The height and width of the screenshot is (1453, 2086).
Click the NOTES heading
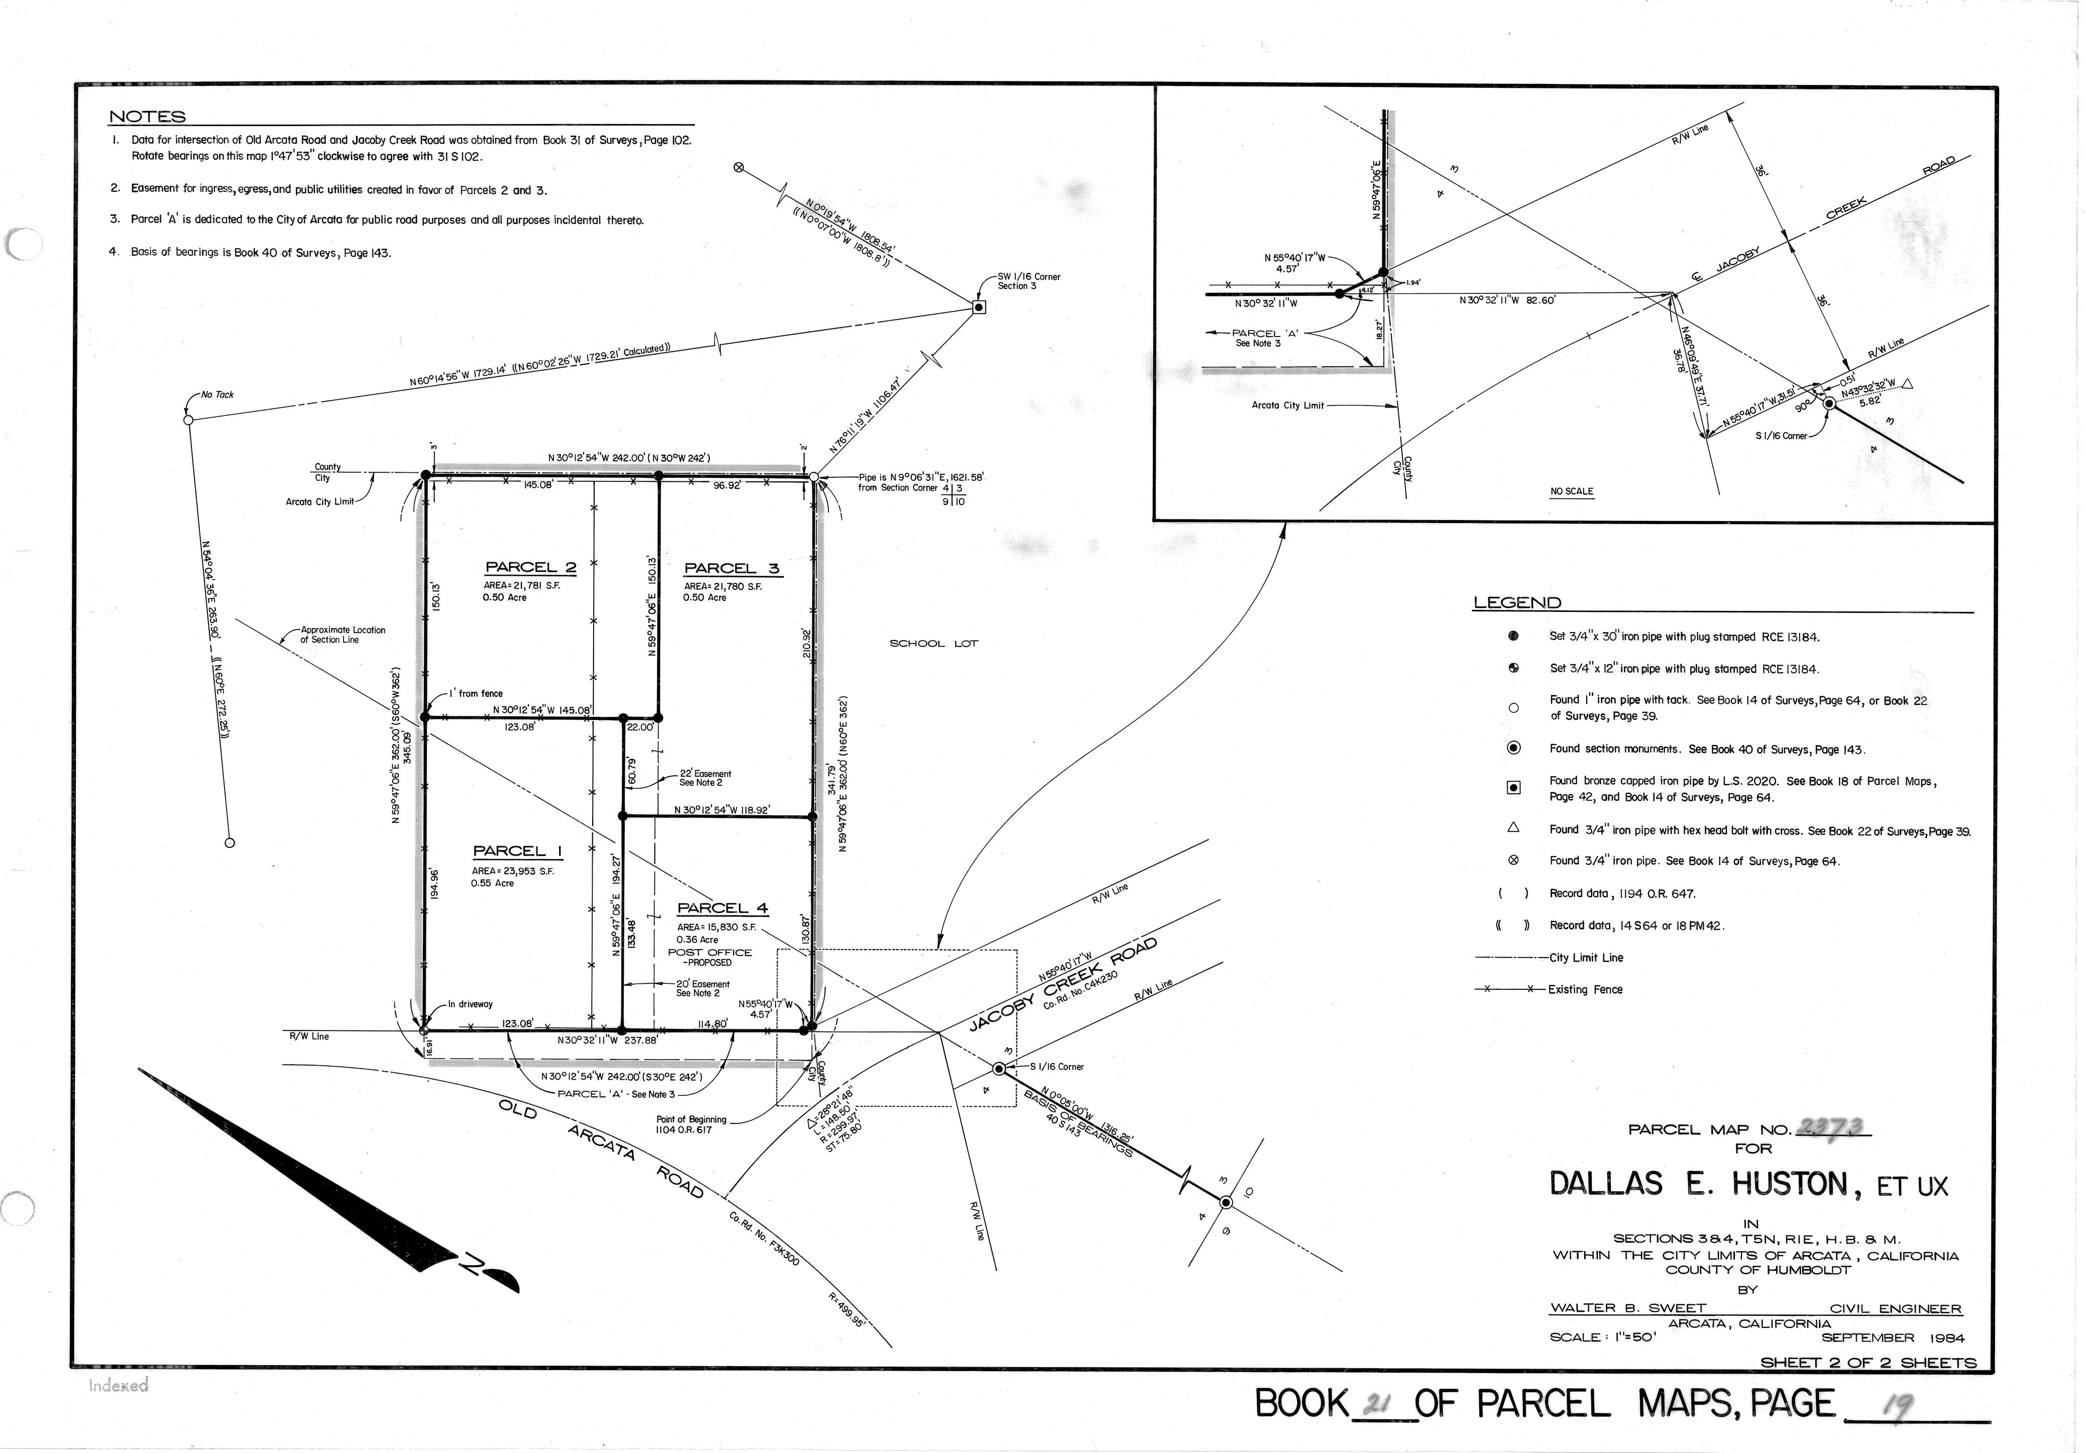[147, 117]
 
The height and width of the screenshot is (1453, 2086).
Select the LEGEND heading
[1516, 602]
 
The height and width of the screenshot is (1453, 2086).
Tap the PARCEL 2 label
[530, 568]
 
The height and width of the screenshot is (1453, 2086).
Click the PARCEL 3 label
[731, 569]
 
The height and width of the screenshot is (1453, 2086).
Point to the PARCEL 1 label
[517, 852]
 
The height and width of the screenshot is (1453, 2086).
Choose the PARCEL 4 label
[722, 908]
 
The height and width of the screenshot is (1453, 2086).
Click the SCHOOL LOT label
[933, 644]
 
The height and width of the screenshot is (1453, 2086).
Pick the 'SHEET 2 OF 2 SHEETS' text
[1868, 1362]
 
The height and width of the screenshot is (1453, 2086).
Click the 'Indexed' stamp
[118, 1386]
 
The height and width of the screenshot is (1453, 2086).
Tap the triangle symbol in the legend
[1513, 828]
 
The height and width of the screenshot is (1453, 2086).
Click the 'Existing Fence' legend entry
[1585, 990]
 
